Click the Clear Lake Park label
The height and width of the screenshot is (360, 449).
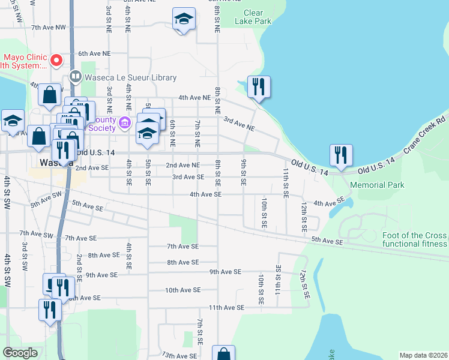[253, 17]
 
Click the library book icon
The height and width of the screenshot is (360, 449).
[75, 76]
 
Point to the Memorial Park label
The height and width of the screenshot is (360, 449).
[375, 185]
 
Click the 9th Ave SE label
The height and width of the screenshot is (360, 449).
[225, 272]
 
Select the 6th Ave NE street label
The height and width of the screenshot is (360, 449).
[94, 53]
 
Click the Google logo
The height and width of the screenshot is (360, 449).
[20, 353]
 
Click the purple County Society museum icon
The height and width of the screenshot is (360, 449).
[124, 124]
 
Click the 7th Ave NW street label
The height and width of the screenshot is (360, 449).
[49, 28]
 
